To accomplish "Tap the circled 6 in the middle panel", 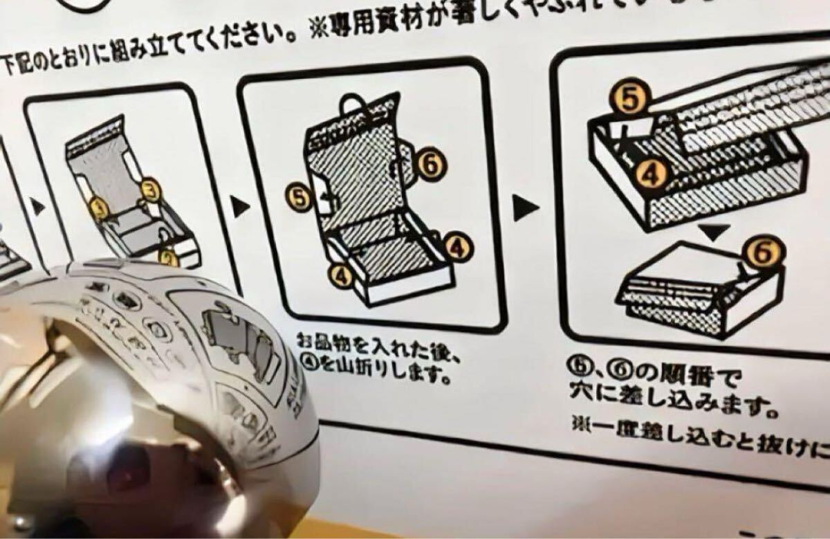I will point(430,164).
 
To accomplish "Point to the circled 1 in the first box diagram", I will point(99,207).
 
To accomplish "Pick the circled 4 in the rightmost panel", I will point(650,174).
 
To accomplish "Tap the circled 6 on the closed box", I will point(764,253).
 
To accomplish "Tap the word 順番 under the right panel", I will point(681,379).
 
